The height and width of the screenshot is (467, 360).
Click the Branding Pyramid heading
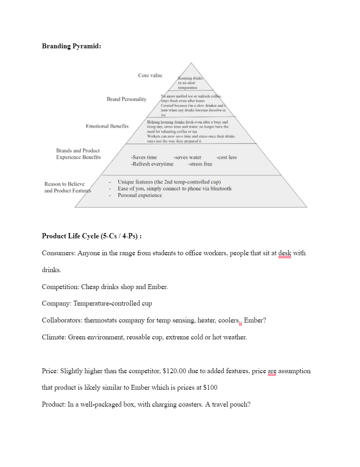coord(71,46)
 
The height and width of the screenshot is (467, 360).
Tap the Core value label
coord(150,75)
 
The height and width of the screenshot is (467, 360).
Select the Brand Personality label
coord(126,99)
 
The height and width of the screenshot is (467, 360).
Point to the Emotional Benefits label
coord(107,126)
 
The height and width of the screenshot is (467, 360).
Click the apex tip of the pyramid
coord(191,63)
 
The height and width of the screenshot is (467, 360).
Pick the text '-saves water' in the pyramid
coord(188,157)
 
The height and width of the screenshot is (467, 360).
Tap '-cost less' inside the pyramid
coord(226,157)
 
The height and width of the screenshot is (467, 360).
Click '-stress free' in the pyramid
coord(200,164)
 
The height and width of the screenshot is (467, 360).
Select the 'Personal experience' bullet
coord(140,195)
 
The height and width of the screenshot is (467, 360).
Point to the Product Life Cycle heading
coord(91,236)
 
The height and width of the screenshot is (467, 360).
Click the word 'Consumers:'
coord(59,253)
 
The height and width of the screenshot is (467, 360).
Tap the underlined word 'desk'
coord(284,253)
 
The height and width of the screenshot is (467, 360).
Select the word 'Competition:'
coord(60,287)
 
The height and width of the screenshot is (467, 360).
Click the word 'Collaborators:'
coord(62,320)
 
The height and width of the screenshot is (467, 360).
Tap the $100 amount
coord(210,388)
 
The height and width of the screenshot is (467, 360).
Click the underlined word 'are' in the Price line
coord(272,371)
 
